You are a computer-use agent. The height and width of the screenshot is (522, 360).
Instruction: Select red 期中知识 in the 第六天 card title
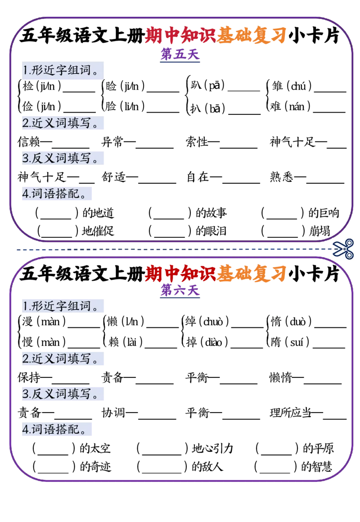[x=180, y=273]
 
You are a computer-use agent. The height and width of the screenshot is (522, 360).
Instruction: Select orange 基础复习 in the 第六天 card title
[x=251, y=273]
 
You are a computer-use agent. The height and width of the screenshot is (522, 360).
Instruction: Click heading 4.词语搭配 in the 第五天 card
[x=57, y=194]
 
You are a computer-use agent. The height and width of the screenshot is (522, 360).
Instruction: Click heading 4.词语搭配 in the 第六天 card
[x=57, y=430]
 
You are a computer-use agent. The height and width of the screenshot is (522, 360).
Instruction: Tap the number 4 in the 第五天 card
[x=25, y=194]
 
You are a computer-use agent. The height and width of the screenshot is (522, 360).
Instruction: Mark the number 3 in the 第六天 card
[x=26, y=395]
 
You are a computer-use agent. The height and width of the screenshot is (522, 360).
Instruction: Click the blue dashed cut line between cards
[x=171, y=249]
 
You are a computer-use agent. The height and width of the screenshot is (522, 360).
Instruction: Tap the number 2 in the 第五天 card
[x=26, y=123]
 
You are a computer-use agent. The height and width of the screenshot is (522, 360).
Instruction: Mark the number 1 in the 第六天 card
[x=25, y=306]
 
